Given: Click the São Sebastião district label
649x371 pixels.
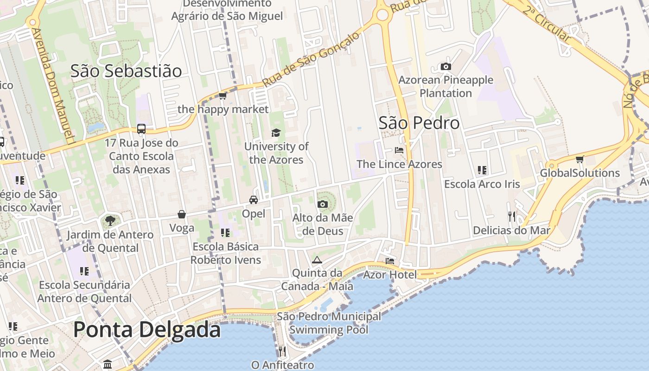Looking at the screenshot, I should (x=126, y=71).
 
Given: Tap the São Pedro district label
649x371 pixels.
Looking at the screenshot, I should (x=419, y=123).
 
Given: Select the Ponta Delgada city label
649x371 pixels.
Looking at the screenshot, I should (x=147, y=330).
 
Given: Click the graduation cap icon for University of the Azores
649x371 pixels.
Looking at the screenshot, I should (x=276, y=133).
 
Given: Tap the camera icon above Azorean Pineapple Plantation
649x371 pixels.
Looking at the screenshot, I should (x=446, y=67).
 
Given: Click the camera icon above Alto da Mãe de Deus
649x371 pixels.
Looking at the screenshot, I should (x=323, y=204).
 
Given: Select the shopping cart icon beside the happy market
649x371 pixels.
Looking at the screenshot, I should (x=223, y=96).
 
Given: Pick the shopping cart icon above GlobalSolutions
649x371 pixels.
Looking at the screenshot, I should (x=579, y=160).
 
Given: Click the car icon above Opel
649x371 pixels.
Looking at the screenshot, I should (x=254, y=200).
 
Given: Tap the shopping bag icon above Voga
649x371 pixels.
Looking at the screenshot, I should (x=182, y=214).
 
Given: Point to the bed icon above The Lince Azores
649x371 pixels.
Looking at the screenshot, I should (x=399, y=150).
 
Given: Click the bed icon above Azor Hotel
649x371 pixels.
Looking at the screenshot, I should (x=390, y=261).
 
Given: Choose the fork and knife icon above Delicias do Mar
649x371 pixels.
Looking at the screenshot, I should (x=512, y=216).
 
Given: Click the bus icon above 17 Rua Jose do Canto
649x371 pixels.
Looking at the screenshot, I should (x=141, y=129).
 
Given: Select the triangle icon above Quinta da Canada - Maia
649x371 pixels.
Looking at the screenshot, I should (x=317, y=260).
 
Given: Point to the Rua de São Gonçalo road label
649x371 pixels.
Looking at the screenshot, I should (x=311, y=59).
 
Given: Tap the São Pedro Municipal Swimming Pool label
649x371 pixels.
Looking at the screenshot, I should (x=329, y=323).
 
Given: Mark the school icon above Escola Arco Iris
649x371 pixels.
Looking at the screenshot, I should (x=482, y=170).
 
